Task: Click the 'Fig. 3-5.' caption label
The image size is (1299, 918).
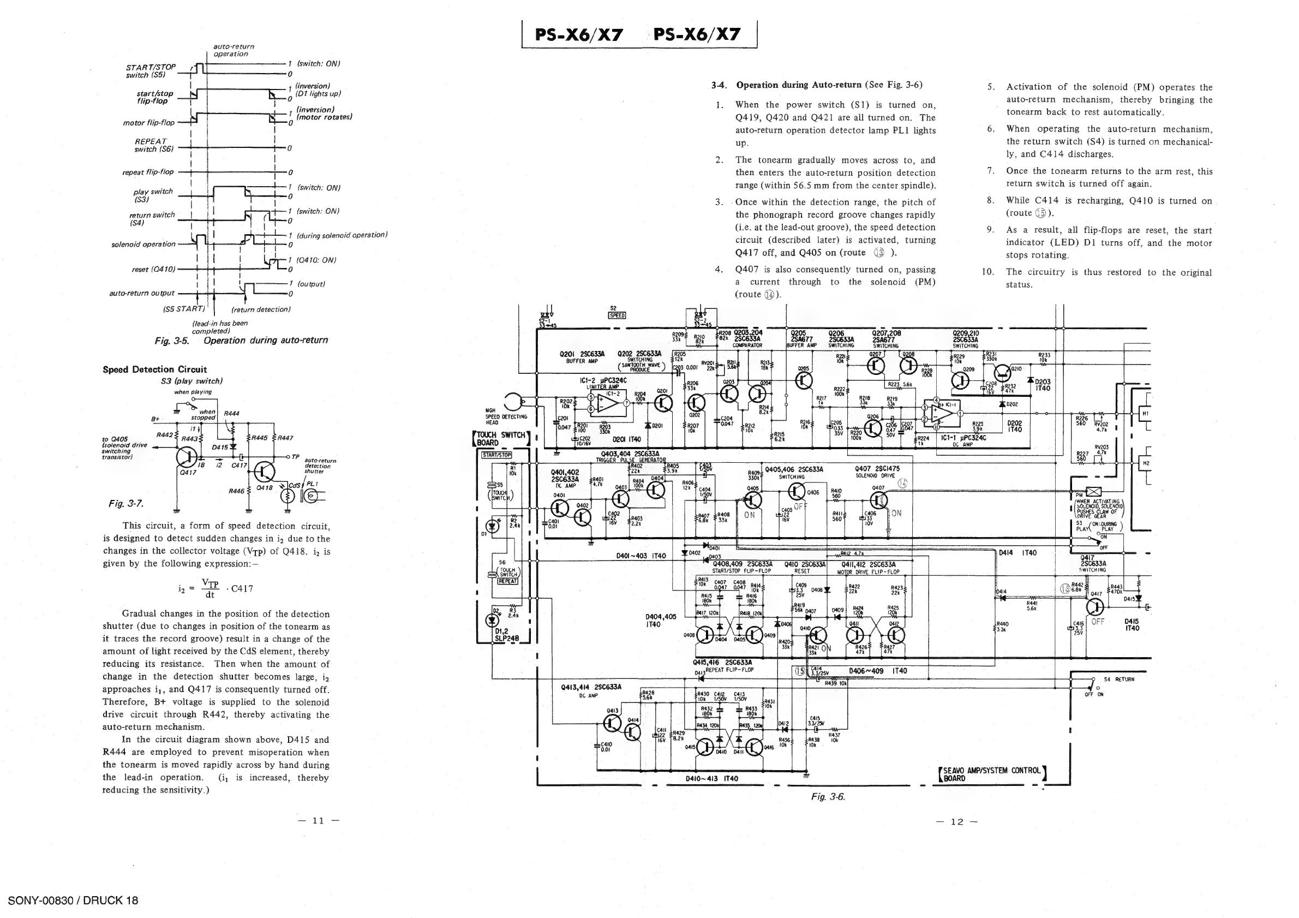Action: pyautogui.click(x=172, y=341)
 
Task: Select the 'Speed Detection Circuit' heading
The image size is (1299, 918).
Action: pyautogui.click(x=154, y=369)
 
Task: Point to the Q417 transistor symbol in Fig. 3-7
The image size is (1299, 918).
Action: pyautogui.click(x=188, y=456)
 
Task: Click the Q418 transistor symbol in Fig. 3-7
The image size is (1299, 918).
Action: pyautogui.click(x=264, y=471)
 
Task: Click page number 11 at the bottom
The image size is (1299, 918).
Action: pyautogui.click(x=319, y=821)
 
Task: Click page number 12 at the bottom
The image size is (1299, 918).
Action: pyautogui.click(x=956, y=822)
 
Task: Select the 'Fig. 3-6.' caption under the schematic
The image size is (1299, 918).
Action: pyautogui.click(x=828, y=797)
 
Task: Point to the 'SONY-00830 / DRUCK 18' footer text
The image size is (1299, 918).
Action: pyautogui.click(x=73, y=901)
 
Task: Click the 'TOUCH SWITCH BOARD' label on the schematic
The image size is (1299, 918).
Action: pyautogui.click(x=501, y=439)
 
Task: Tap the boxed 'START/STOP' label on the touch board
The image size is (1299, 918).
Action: pyautogui.click(x=496, y=455)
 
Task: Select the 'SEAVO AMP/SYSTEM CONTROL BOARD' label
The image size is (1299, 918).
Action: pyautogui.click(x=991, y=774)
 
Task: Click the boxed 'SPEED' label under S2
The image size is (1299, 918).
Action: pyautogui.click(x=616, y=315)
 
